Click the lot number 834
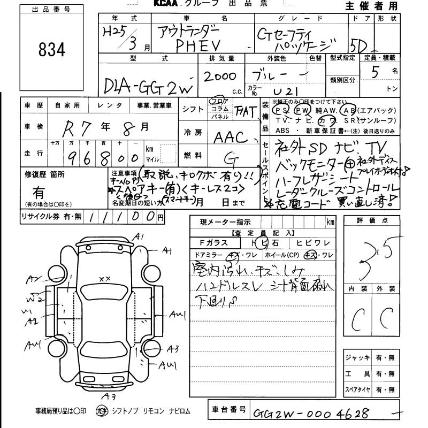52,50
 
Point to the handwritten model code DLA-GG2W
148,86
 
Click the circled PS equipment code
279,110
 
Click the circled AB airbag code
349,110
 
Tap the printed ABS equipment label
281,130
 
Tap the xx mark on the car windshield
104,278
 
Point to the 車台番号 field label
228,409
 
